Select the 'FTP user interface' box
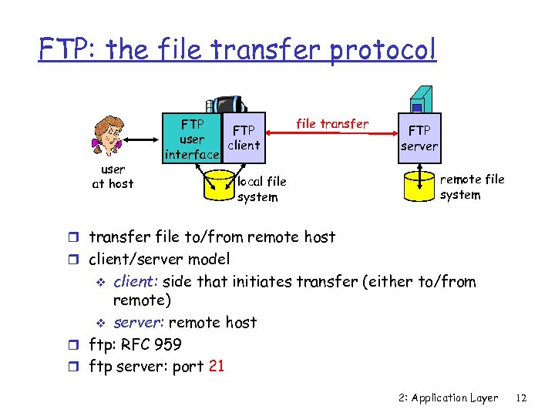pos(192,139)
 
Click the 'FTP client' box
pos(244,138)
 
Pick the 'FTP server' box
pos(419,139)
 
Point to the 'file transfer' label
pos(332,123)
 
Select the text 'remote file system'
pos(472,186)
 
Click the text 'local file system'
pos(261,190)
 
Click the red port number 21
pos(217,366)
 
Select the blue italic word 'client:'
pos(137,282)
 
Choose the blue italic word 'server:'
pos(139,322)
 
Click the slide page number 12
pos(521,398)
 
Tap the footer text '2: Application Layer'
pos(449,398)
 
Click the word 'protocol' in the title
pos(383,49)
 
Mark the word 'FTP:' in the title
pos(70,49)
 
